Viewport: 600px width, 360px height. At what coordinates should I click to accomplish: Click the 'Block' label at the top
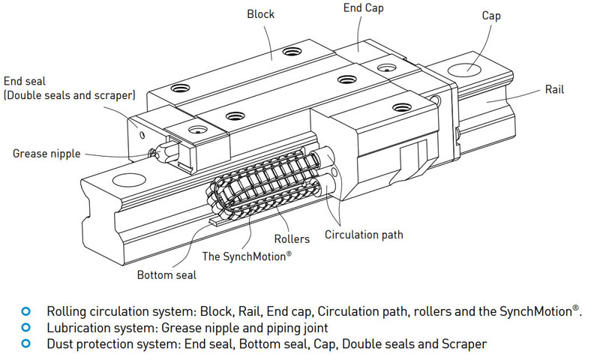pos(261,13)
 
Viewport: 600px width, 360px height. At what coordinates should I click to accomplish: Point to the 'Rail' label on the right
pos(555,90)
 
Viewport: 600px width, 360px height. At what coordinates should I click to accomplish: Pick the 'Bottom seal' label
pos(166,275)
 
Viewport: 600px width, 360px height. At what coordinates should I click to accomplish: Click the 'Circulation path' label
pos(364,235)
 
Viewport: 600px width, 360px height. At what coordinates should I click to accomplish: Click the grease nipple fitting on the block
pos(156,153)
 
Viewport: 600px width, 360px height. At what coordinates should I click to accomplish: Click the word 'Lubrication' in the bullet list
pos(79,328)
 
